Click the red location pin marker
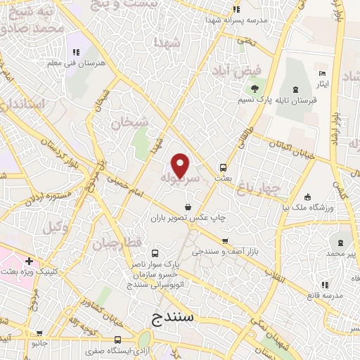(181, 166)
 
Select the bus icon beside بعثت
(223, 167)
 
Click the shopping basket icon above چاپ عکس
(188, 207)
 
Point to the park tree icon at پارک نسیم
(255, 89)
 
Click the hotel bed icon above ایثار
(322, 74)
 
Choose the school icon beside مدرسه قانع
(324, 285)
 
